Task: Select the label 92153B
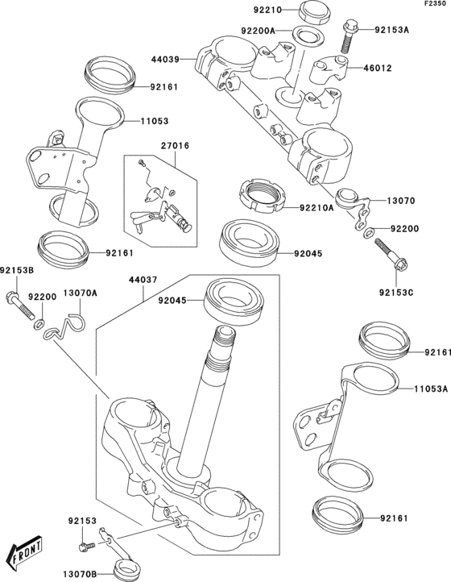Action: point(16,271)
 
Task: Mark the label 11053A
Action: point(430,388)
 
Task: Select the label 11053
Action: point(155,120)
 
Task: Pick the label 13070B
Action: point(81,572)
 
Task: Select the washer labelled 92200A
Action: point(304,35)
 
